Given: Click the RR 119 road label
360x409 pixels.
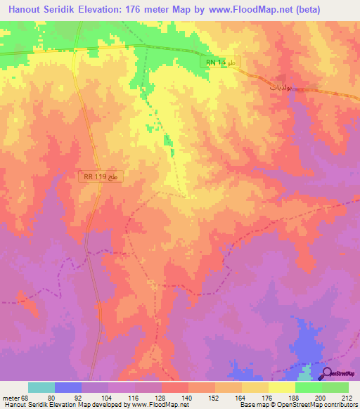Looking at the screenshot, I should click(x=101, y=178).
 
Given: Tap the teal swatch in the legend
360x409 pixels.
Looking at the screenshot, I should click(x=41, y=387).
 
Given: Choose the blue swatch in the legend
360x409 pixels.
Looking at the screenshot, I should click(x=68, y=387).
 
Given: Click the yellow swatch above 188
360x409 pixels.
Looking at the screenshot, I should click(x=282, y=387).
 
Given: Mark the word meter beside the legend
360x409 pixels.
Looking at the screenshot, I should click(x=13, y=397).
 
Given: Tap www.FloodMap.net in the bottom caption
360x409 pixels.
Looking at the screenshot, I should click(x=161, y=405).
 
